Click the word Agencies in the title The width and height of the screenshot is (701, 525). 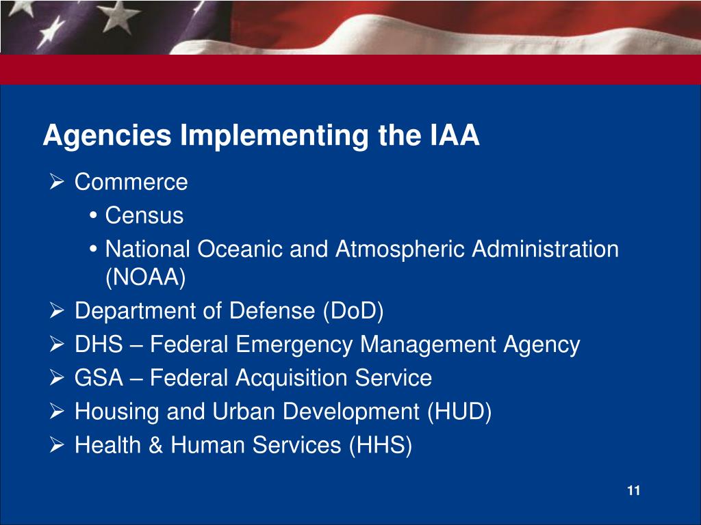(x=107, y=136)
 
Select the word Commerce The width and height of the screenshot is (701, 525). (x=131, y=182)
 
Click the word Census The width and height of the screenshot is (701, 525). (x=144, y=215)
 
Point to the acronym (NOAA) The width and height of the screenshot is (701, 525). (x=145, y=278)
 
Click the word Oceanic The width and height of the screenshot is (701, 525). (x=240, y=249)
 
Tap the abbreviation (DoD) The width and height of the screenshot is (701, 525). (x=353, y=311)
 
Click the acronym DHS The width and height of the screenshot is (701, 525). (x=99, y=345)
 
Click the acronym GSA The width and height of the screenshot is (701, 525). (x=99, y=377)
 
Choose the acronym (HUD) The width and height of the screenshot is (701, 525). (x=459, y=412)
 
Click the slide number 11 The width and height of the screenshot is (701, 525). (x=633, y=491)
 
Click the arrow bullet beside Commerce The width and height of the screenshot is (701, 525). (x=58, y=182)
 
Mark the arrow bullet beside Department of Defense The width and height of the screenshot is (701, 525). (x=58, y=311)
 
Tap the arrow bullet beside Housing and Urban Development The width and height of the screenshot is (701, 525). (x=58, y=412)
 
